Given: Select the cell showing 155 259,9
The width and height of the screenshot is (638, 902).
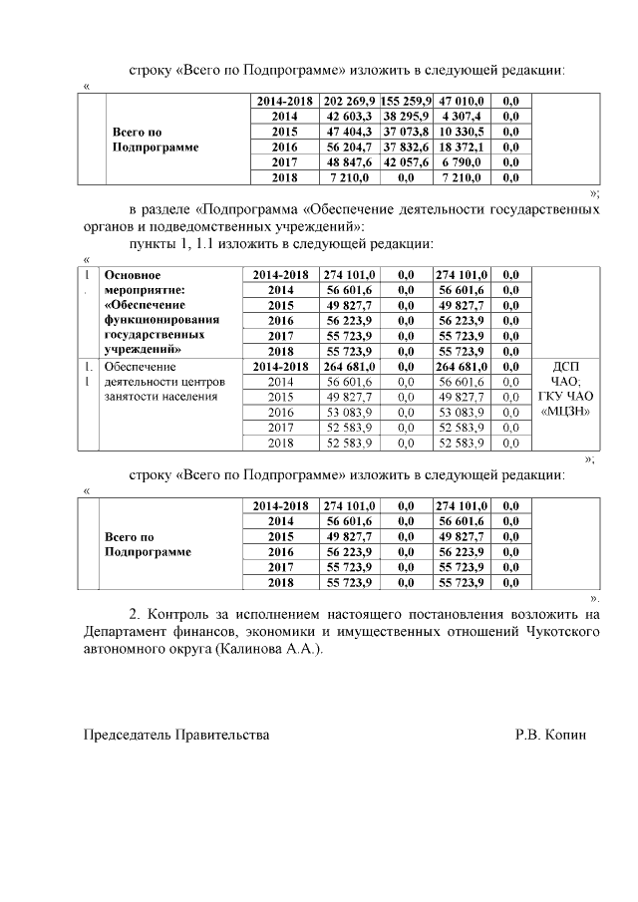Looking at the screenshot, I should coord(405,101).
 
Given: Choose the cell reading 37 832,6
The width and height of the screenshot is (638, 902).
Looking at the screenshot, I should coord(405,147).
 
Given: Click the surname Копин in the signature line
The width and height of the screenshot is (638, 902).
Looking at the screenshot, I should coord(568,735).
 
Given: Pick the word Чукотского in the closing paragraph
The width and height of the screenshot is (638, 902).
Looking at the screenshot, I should coord(563,631).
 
